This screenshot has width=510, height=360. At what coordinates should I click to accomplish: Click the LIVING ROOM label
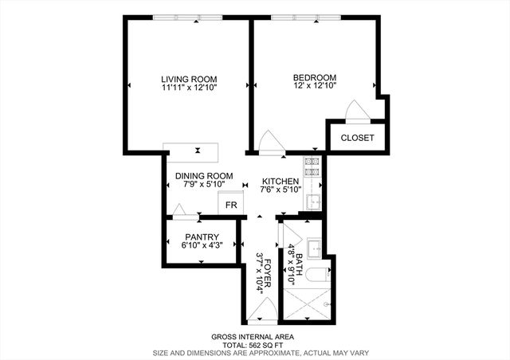coord(188,78)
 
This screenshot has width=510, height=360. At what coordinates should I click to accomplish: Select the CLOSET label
coord(357,138)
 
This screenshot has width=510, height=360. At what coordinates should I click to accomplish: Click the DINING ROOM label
coord(205,176)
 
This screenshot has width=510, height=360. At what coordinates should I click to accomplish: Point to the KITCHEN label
coord(280,181)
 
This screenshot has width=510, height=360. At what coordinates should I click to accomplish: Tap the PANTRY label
coord(202,237)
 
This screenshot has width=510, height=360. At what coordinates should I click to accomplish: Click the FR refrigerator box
coord(232,205)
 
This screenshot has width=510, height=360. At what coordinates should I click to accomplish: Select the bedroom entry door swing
coord(269,140)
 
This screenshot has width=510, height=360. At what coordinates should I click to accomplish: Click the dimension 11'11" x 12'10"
coord(188,87)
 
